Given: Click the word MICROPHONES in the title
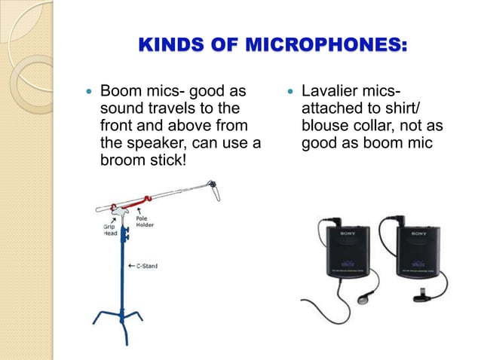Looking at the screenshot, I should point(332,47).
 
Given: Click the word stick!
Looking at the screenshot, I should point(168,158).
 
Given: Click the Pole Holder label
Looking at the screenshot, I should point(145,219).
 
